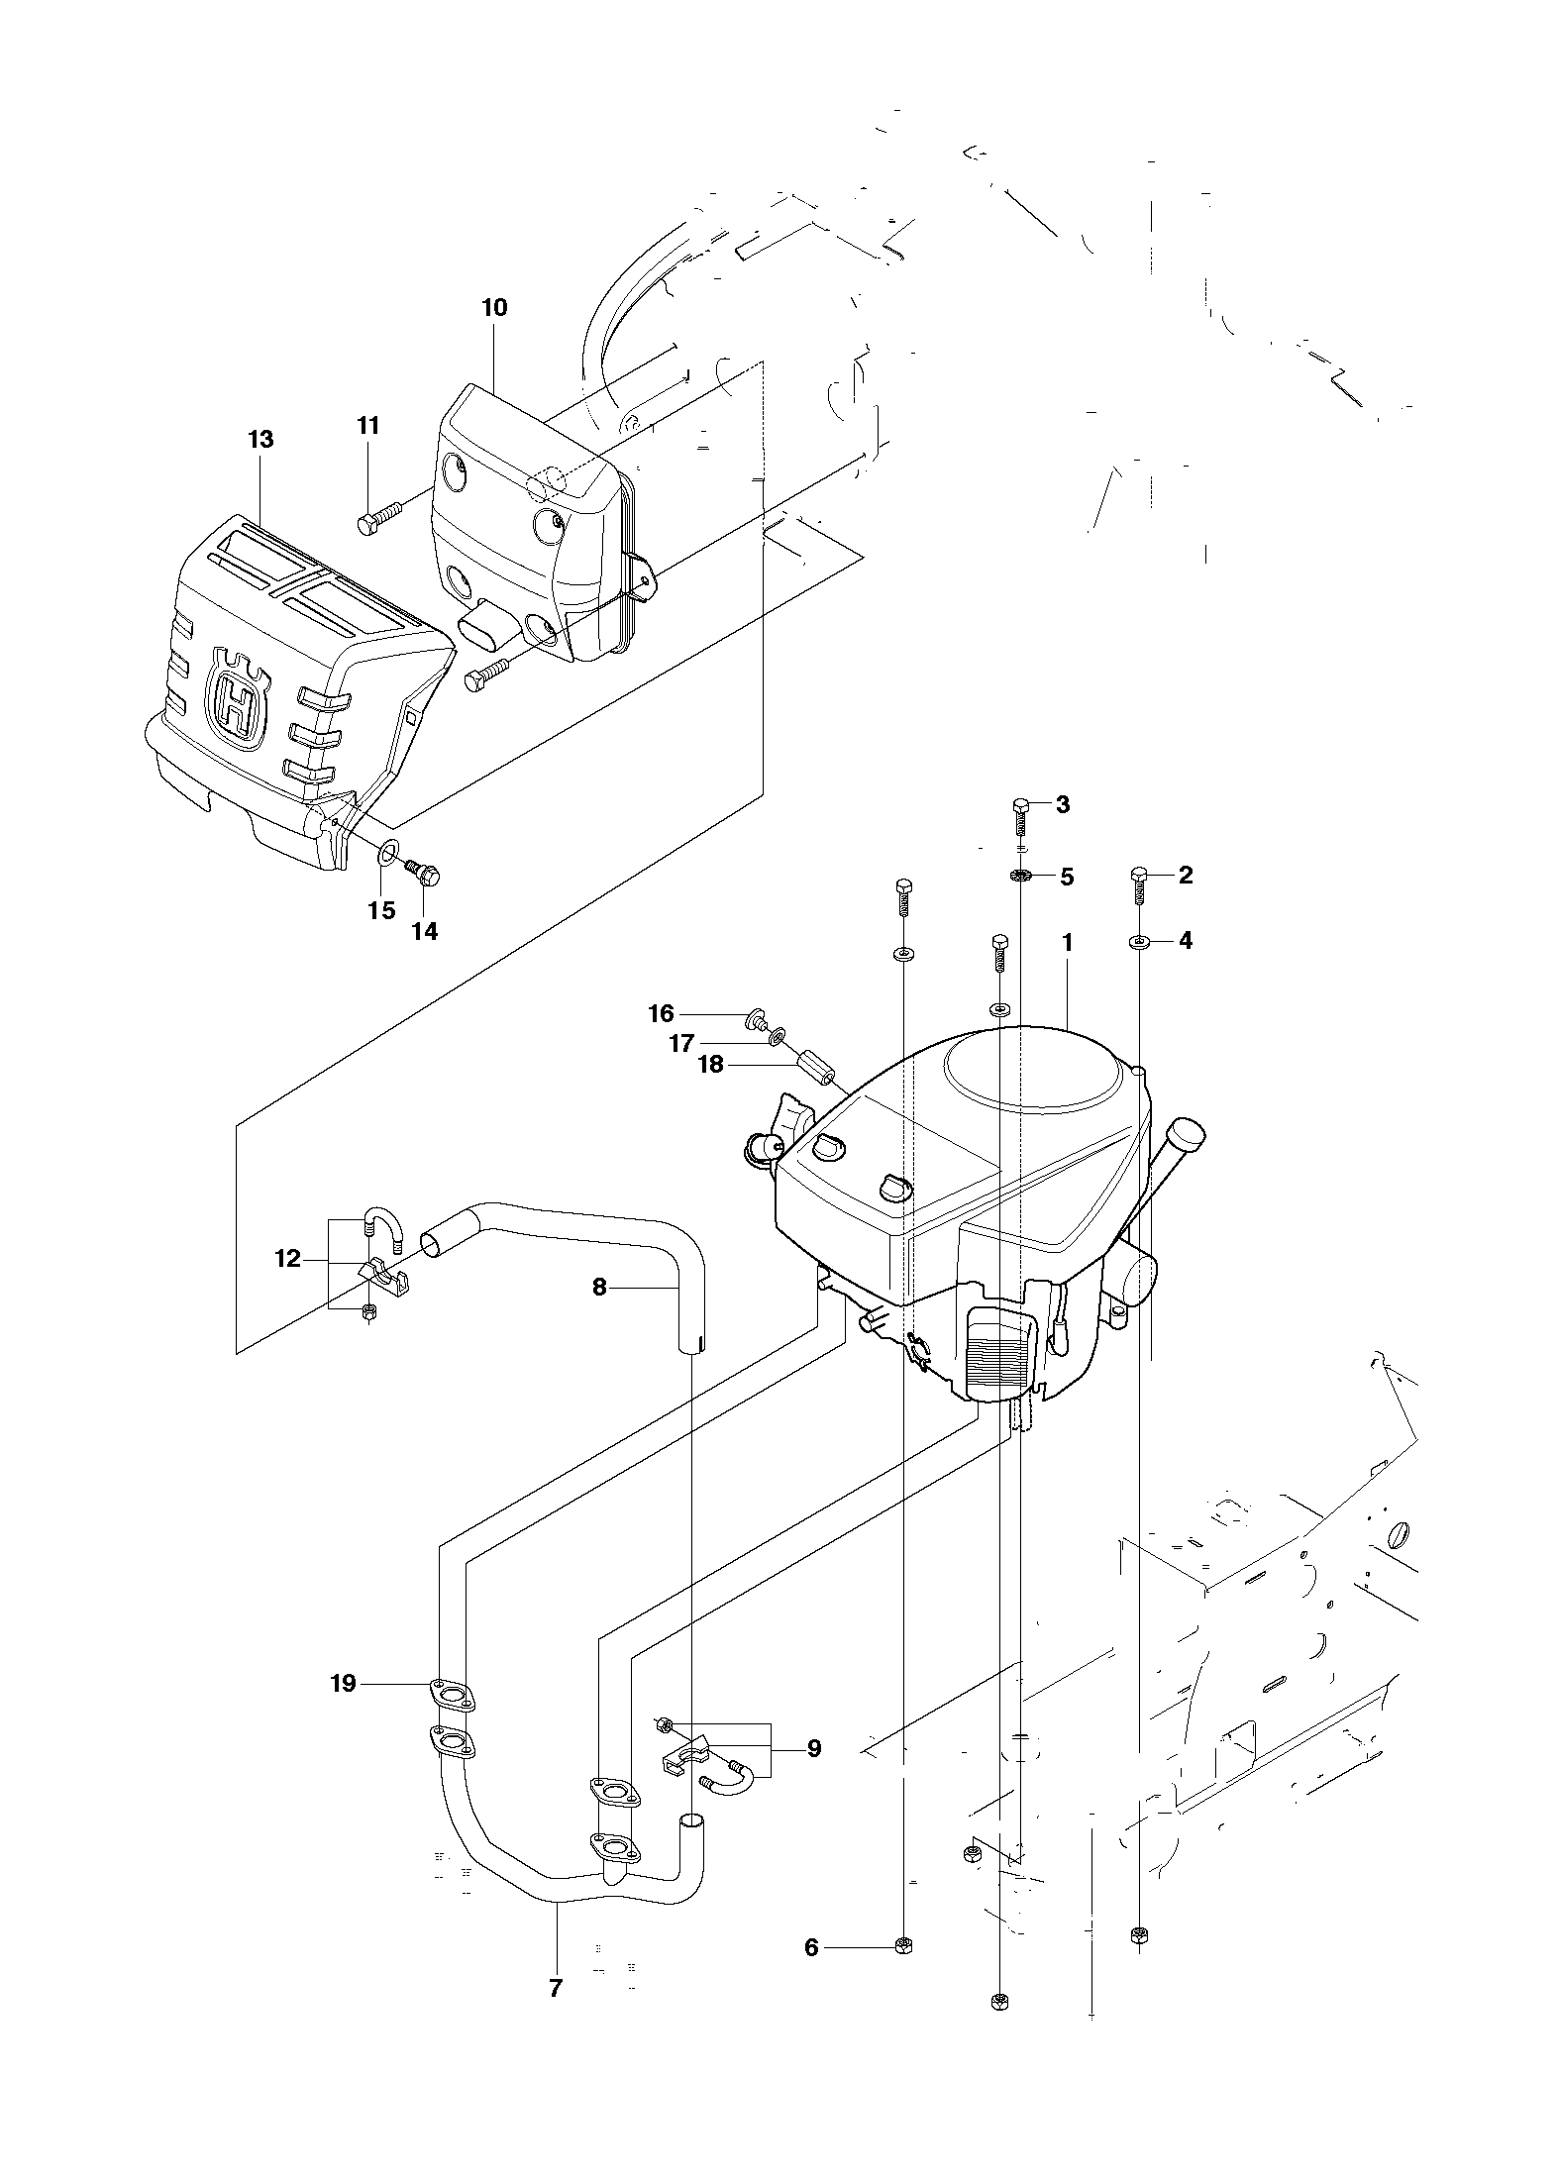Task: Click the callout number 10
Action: pos(494,308)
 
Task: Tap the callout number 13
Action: pos(260,439)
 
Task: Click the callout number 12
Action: pos(287,1259)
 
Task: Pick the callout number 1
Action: pos(1068,944)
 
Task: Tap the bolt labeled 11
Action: pos(379,517)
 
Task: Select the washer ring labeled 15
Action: pos(389,848)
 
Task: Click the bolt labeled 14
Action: pos(423,873)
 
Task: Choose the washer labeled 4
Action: pos(1139,942)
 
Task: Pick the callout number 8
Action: pos(599,1287)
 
